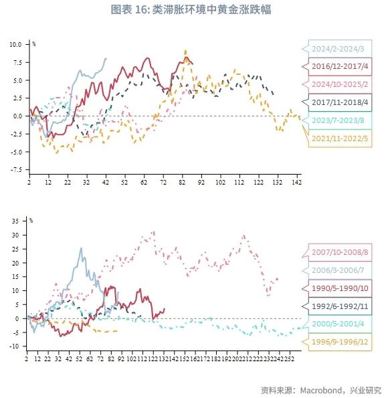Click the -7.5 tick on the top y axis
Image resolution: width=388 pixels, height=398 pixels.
click(15, 170)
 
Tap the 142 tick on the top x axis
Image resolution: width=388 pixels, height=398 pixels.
click(296, 182)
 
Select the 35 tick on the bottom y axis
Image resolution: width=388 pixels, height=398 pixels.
click(18, 220)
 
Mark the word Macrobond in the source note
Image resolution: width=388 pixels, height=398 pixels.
click(318, 389)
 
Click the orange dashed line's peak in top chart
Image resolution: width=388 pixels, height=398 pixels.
click(185, 51)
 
